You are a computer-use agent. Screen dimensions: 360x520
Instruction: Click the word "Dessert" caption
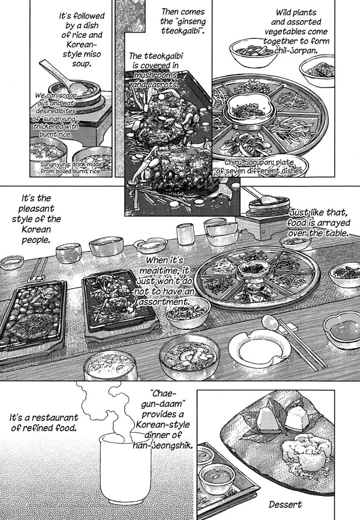click(x=285, y=505)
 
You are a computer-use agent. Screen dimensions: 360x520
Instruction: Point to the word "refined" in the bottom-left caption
click(x=39, y=428)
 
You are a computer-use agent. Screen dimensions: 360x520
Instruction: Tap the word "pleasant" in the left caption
click(x=37, y=209)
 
